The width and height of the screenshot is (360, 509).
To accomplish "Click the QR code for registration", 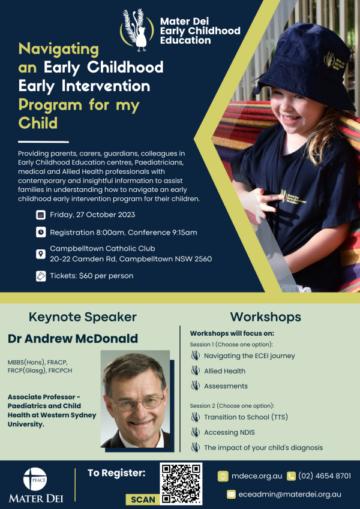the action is click(x=181, y=484).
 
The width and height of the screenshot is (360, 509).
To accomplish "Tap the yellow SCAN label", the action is click(x=143, y=499).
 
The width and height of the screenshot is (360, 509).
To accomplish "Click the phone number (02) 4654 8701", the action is click(x=325, y=476).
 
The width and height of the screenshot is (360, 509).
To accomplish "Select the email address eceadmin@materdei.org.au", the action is click(x=290, y=495).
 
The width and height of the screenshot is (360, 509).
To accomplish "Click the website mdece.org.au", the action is click(x=257, y=476).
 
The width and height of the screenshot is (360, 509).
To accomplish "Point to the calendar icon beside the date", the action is click(x=41, y=215).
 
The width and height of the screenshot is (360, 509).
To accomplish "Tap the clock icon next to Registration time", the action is click(x=41, y=233).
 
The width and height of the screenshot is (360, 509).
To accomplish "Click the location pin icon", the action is click(x=41, y=254).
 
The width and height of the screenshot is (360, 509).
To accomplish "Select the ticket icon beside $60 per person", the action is click(x=41, y=276).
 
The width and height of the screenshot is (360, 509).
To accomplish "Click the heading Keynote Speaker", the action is click(x=83, y=317).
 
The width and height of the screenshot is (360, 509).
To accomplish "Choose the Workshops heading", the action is click(x=265, y=317).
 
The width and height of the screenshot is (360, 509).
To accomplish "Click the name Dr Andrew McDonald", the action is click(x=73, y=339).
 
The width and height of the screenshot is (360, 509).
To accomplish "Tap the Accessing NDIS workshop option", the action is click(x=229, y=432).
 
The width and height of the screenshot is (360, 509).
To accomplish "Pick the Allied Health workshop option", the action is click(x=224, y=371).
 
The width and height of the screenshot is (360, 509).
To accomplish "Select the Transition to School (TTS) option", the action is click(x=246, y=417).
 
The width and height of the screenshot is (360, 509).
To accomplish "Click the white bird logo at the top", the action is click(x=137, y=30).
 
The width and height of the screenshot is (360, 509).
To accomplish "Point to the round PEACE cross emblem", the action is click(x=35, y=479).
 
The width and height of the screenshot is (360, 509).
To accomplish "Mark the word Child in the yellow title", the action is click(x=38, y=123).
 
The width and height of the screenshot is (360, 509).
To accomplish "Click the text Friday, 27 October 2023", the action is click(x=92, y=215).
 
